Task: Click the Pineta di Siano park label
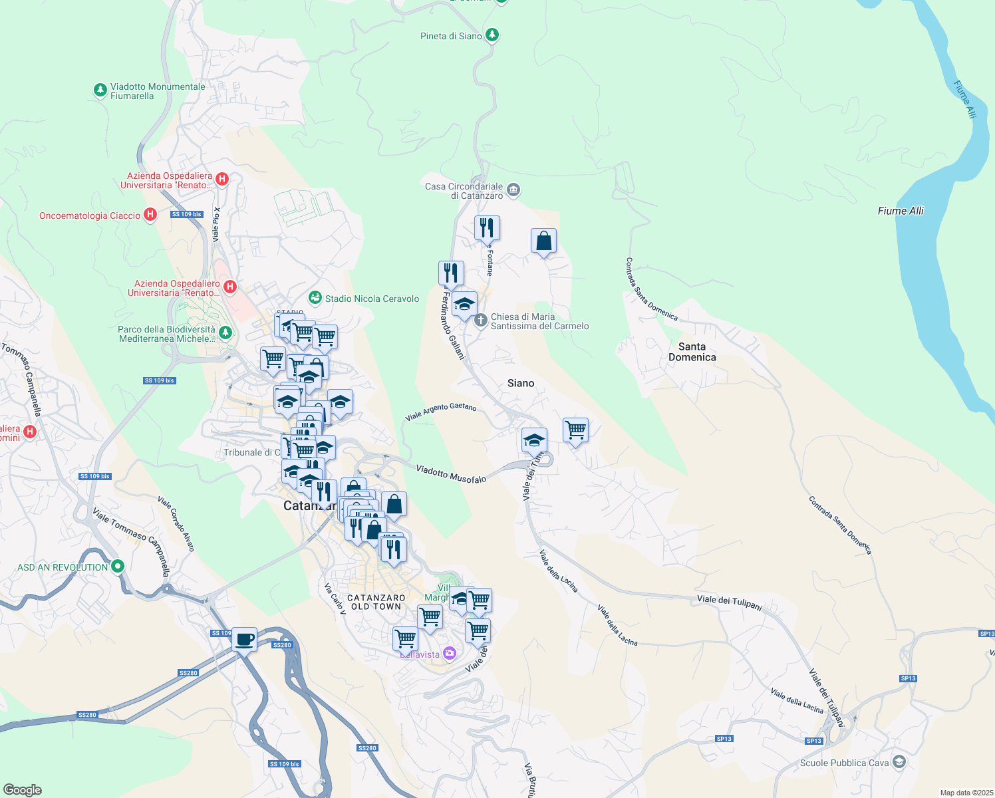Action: [451, 36]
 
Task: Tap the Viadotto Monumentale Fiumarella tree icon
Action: [100, 90]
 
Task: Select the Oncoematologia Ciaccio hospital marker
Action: [150, 215]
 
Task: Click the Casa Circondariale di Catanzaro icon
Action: [513, 191]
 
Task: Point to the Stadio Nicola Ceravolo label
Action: [372, 299]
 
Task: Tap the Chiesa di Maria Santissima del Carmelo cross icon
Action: [481, 321]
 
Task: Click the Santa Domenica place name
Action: [692, 352]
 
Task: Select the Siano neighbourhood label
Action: [520, 383]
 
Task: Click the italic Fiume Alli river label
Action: [901, 211]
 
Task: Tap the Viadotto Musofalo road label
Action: [451, 474]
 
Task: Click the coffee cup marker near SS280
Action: [245, 640]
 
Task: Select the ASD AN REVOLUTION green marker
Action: [118, 567]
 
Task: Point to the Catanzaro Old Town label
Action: [376, 602]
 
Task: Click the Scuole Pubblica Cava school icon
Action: [899, 761]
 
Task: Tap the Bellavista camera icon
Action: [449, 654]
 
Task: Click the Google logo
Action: [22, 790]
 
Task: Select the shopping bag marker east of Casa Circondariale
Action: [543, 241]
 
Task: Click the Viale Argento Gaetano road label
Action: [440, 412]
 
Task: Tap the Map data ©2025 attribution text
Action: [966, 793]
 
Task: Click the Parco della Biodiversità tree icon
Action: [225, 332]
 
